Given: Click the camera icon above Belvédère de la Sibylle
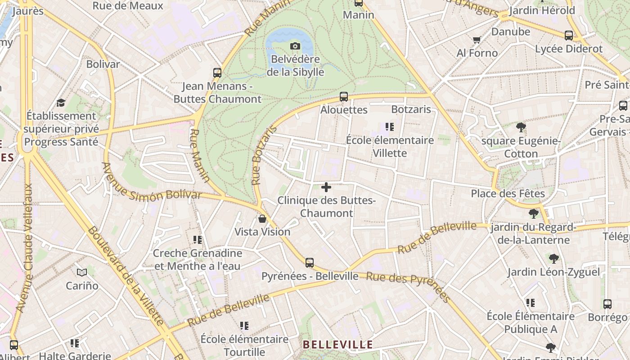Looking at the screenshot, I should tap(295, 46).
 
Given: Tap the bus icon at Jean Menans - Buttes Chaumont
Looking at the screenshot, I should tap(217, 72).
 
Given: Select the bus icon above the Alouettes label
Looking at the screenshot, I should tap(344, 96).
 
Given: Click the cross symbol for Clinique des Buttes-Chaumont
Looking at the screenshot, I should tap(326, 187).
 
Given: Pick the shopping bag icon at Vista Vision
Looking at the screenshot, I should tap(262, 219).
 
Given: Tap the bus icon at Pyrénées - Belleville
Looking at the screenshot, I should tap(310, 263).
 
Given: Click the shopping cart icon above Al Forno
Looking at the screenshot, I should tap(477, 40).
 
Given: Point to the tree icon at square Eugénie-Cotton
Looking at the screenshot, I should tap(521, 127).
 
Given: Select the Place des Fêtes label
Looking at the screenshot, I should tap(508, 193).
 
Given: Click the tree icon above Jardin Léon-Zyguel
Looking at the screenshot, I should tap(553, 259).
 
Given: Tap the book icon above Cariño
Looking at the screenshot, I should tap(82, 272).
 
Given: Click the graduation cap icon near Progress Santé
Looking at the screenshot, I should tap(61, 103).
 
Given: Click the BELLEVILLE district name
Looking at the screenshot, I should tap(338, 345).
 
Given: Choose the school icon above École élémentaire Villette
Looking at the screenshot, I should tap(390, 127).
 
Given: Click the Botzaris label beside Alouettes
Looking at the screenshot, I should tap(411, 109).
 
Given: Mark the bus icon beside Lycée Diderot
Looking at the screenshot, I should tap(569, 35).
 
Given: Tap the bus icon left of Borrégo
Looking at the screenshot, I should tap(607, 304).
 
